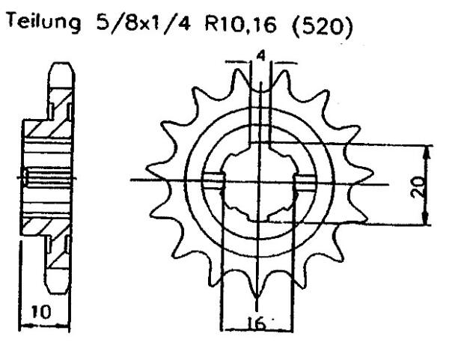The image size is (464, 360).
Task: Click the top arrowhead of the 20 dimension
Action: point(427,149)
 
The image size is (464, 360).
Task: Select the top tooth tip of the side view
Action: point(59,70)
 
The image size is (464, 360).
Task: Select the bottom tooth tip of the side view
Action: point(59,288)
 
